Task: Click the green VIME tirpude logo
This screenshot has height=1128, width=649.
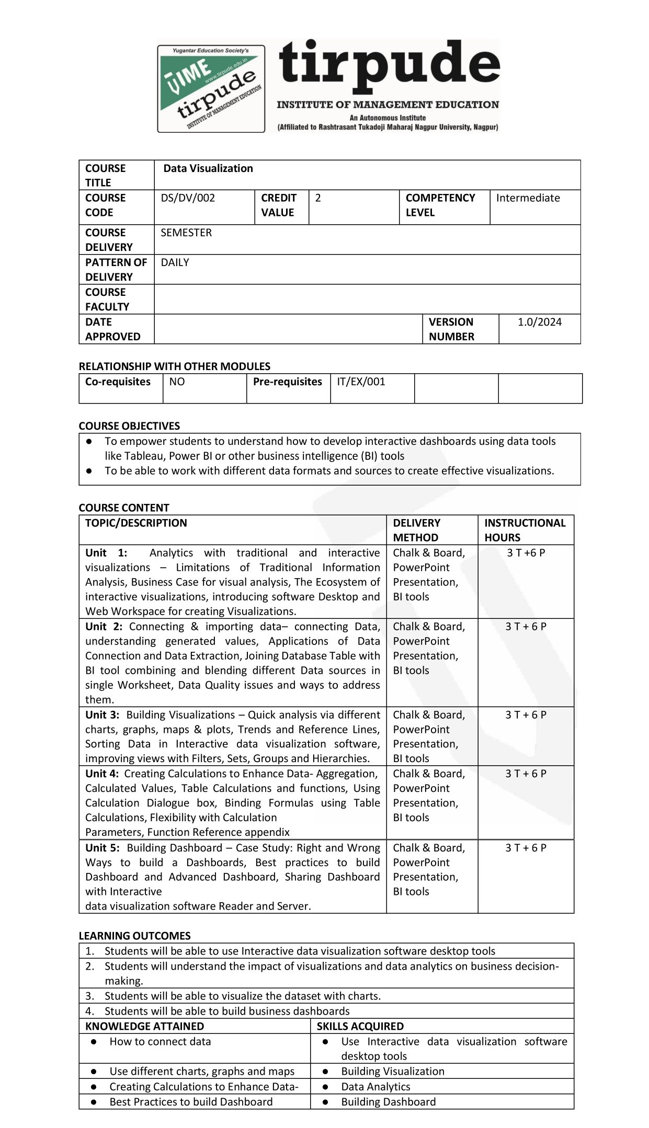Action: pyautogui.click(x=211, y=88)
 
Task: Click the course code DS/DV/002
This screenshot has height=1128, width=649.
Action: pyautogui.click(x=188, y=198)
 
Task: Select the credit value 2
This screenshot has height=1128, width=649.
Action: pyautogui.click(x=318, y=198)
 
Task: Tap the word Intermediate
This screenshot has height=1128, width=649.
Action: pyautogui.click(x=528, y=198)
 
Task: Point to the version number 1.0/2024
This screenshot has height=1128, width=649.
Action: pyautogui.click(x=540, y=322)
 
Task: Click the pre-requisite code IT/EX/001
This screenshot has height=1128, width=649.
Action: pyautogui.click(x=361, y=382)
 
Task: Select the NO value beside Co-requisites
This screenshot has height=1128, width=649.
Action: pyautogui.click(x=177, y=382)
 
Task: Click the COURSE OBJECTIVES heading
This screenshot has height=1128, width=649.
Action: pyautogui.click(x=129, y=426)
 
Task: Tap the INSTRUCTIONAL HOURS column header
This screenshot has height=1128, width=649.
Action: pyautogui.click(x=525, y=530)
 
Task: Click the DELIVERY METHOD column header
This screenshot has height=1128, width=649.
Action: pyautogui.click(x=416, y=530)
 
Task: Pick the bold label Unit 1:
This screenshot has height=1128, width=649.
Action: pyautogui.click(x=106, y=553)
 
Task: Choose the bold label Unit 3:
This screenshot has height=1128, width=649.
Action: pyautogui.click(x=103, y=715)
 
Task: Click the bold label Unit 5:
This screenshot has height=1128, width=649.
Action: pyautogui.click(x=103, y=848)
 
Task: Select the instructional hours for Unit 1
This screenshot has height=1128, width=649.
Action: pyautogui.click(x=526, y=553)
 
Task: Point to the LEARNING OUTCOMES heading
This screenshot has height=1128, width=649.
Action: pyautogui.click(x=134, y=936)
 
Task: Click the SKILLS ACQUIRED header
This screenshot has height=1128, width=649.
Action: pyautogui.click(x=360, y=1026)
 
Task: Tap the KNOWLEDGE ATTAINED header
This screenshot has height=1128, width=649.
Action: pyautogui.click(x=144, y=1026)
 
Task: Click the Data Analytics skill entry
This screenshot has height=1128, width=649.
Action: pyautogui.click(x=375, y=1087)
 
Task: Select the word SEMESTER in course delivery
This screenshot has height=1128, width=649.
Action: pyautogui.click(x=186, y=233)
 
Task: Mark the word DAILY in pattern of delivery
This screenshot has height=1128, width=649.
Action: pyautogui.click(x=175, y=262)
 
